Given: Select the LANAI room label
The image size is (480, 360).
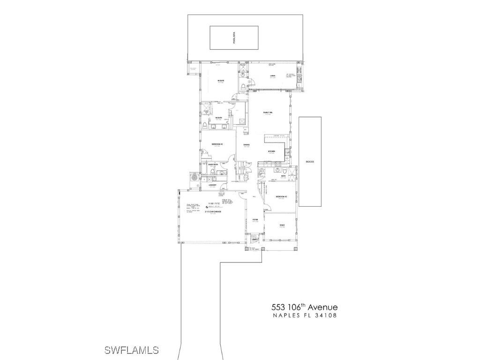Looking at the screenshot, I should click(272, 75).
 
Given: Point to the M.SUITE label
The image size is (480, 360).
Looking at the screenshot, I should click(220, 81).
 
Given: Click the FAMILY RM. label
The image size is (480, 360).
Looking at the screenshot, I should click(268, 112).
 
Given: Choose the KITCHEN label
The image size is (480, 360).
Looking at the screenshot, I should click(271, 151).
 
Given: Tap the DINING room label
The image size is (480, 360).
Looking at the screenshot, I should click(247, 145).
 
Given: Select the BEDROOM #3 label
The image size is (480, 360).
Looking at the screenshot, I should click(281, 196).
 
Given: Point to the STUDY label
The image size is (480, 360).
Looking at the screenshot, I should click(282, 225).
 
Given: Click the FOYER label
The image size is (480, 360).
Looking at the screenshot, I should click(255, 220).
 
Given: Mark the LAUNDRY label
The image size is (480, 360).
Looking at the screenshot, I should click(212, 185).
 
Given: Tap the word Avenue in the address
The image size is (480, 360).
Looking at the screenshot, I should click(322, 307).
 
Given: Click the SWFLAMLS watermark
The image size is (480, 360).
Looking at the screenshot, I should click(131, 350).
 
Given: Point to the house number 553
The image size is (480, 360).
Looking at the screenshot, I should click(280, 307).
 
